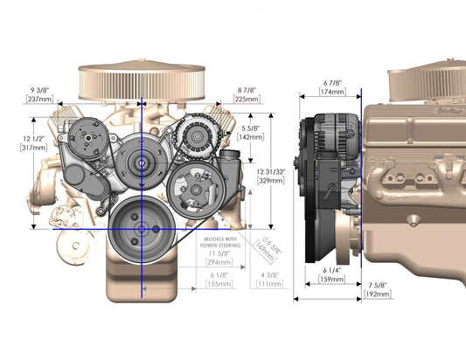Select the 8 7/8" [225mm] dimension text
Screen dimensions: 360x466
point(247,93)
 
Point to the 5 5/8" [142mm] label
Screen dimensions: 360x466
point(252,132)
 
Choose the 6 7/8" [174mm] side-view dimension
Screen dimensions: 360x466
point(331,86)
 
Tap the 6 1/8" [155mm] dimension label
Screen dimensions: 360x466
point(219,279)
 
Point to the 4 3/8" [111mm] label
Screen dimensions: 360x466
point(269,279)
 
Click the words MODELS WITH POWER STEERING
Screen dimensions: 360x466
point(218,241)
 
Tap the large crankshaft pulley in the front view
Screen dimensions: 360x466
point(141,228)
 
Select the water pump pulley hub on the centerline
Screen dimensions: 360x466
point(138,161)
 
